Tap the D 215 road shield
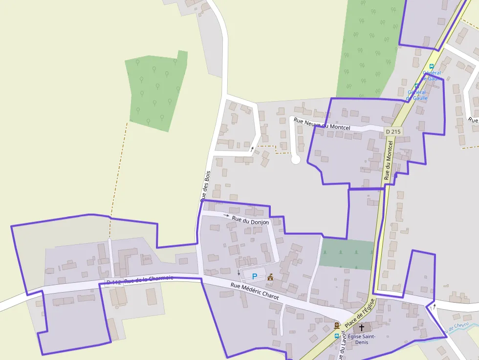coord(393,131)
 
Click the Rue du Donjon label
coord(250,221)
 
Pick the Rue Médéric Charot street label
coord(254,291)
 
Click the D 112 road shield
coord(113,282)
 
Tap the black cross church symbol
coord(362,328)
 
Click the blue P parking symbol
coord(255,276)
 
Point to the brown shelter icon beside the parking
coord(270,277)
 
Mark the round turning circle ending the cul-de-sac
coord(295,159)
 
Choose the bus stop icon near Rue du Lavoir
coord(336,336)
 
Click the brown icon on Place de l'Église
coord(336,325)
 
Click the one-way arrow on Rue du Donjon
coord(226,215)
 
